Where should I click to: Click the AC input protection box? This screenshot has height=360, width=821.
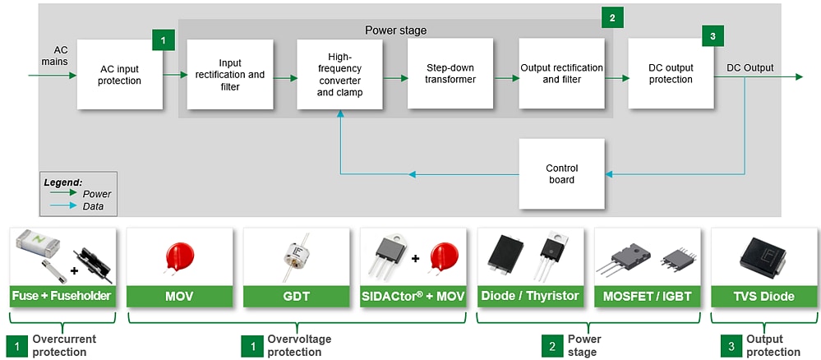(120, 74)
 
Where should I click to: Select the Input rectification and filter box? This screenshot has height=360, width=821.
(230, 74)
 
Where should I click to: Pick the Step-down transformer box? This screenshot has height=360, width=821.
(450, 74)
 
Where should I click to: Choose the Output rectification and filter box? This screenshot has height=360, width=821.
(561, 73)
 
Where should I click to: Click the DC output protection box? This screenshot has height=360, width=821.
(671, 73)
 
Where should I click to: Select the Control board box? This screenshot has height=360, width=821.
(561, 173)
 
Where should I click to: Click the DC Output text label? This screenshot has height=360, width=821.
(750, 67)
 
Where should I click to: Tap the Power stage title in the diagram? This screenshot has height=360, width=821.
(396, 30)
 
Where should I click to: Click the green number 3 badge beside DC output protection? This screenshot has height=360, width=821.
(713, 37)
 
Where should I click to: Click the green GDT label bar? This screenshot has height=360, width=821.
(297, 296)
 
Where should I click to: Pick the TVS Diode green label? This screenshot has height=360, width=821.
(764, 296)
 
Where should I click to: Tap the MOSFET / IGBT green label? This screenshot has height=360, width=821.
(648, 296)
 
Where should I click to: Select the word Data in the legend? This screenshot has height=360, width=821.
(93, 206)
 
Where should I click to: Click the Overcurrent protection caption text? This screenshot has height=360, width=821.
(64, 345)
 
